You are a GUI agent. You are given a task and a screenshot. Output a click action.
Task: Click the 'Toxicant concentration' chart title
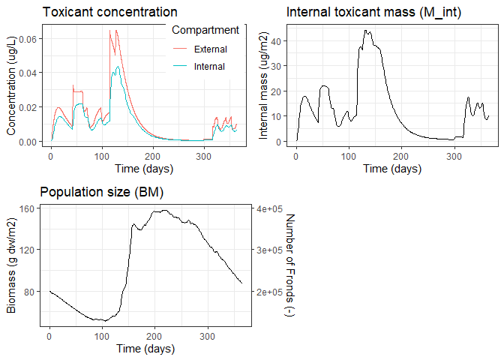tap(109, 12)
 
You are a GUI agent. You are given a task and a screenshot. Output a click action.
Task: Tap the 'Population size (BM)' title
tap(101, 193)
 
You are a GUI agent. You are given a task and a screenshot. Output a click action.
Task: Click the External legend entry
tap(209, 49)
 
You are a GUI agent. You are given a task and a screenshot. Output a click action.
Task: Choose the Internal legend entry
tap(208, 66)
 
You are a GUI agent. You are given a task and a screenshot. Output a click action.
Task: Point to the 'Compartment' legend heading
tap(205, 30)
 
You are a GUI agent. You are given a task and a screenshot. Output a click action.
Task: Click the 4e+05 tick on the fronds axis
tap(268, 208)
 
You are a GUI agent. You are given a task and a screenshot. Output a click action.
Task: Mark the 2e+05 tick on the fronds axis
tap(268, 292)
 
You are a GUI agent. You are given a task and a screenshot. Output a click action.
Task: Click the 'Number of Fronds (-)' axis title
tap(291, 264)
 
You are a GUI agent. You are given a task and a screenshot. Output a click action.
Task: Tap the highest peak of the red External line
tap(109, 30)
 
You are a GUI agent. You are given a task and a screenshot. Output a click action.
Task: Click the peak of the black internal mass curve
tap(365, 31)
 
